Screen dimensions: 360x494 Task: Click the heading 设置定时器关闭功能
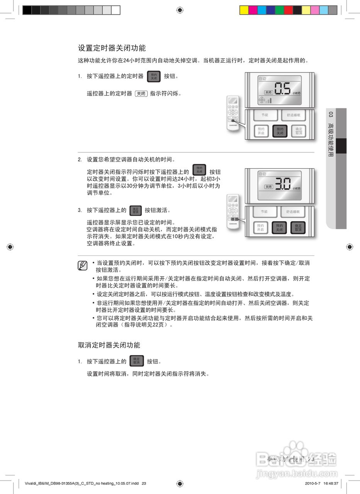point(112,48)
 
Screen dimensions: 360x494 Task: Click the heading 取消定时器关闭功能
point(109,345)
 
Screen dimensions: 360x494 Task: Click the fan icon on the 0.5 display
point(262,100)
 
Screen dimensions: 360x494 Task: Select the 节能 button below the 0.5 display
point(264,115)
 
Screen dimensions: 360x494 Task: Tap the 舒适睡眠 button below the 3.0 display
point(295,211)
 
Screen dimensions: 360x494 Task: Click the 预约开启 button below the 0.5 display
point(261,131)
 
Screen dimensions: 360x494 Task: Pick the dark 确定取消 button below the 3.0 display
point(298,228)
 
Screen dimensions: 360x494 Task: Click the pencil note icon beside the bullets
point(82,266)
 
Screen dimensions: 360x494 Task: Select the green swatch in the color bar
point(279,10)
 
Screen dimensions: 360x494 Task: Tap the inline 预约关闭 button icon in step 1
point(154,76)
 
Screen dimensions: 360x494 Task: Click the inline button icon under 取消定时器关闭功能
point(136,361)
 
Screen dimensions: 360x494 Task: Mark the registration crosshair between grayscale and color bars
point(180,10)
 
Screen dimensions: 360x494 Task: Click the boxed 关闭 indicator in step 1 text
point(141,93)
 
